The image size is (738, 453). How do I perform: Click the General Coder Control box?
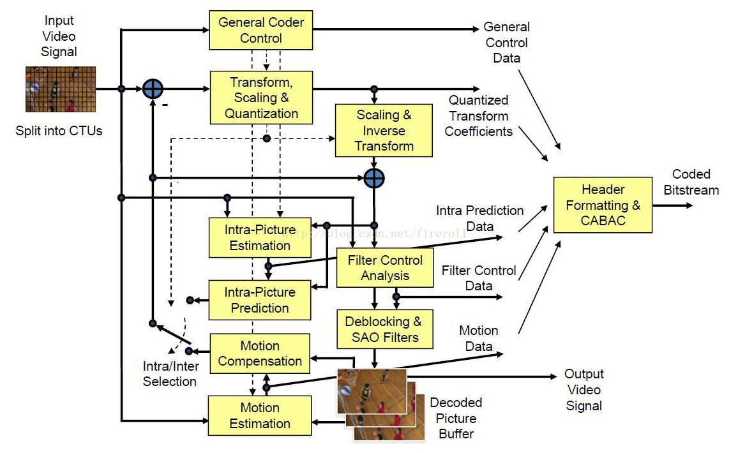tap(261, 30)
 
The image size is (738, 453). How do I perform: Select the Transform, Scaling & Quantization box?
tap(261, 98)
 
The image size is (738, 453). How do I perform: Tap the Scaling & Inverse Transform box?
tap(384, 131)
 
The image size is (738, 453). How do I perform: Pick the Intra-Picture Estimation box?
tap(260, 237)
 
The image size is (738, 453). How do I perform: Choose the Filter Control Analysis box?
tap(385, 268)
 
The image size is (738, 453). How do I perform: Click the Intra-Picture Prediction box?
tap(260, 300)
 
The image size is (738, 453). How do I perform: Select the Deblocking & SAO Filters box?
tap(384, 329)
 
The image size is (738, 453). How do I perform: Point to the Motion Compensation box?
tap(260, 353)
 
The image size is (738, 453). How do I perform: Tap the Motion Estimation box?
tap(260, 415)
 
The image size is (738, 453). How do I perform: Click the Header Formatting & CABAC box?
tap(603, 205)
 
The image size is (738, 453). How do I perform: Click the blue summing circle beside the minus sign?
tap(153, 89)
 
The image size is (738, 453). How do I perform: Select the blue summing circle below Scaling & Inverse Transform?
tap(374, 178)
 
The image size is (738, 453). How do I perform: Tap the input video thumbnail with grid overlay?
tap(61, 89)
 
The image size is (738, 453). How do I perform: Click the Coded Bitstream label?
tap(691, 182)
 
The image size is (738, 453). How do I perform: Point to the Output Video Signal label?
tap(584, 390)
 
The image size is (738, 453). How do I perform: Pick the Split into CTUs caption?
tap(59, 131)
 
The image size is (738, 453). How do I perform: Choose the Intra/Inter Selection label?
tap(170, 374)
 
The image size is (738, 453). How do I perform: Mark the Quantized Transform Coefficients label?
tap(479, 115)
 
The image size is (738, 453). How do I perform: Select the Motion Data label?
tap(478, 338)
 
